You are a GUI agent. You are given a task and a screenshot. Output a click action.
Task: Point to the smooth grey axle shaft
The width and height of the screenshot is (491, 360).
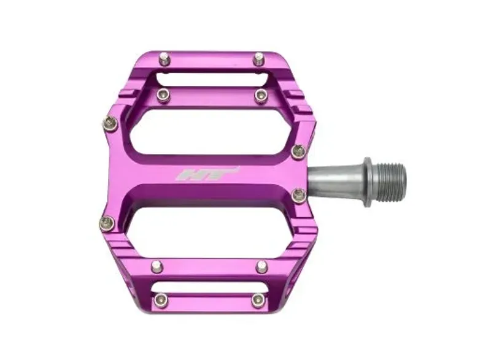click(x=334, y=183)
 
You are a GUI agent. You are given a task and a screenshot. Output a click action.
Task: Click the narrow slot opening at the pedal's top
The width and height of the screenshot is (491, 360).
click(x=213, y=78)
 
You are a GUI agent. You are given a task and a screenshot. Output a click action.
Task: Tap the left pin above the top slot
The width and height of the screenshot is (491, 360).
click(x=164, y=59)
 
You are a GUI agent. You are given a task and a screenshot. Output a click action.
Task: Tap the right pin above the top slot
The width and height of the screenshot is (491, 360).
click(x=258, y=58)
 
